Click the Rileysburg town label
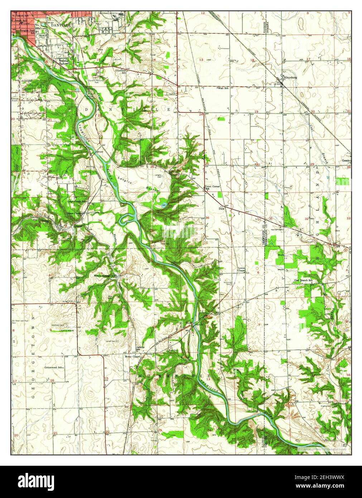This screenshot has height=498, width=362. click(x=290, y=77)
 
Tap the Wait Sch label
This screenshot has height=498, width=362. click(x=224, y=88)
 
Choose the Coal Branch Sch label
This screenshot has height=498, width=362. click(x=304, y=280)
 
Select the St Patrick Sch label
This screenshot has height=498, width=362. click(x=20, y=16)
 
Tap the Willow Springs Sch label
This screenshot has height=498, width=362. click(x=105, y=276)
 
